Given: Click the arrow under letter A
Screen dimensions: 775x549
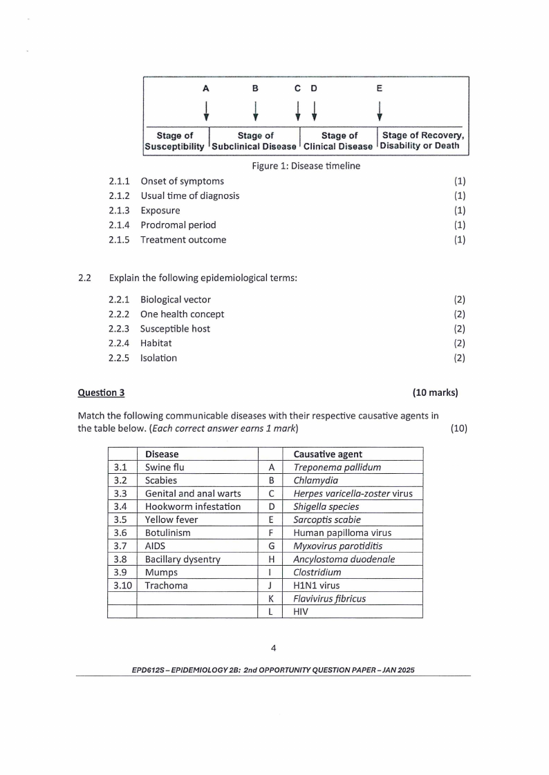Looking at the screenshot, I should tap(205, 110).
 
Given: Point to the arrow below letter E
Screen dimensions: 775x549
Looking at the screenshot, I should tap(380, 110).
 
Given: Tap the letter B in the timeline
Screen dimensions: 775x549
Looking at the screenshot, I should tap(255, 88).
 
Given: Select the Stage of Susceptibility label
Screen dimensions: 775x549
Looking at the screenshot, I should tap(174, 141).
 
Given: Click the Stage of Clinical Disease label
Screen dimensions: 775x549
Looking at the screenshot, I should tap(339, 141).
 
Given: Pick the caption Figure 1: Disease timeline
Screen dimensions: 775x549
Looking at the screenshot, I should tap(306, 166).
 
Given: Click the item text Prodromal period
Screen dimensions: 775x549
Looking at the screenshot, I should tap(178, 225).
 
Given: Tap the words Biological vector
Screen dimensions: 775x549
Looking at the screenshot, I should tap(176, 300).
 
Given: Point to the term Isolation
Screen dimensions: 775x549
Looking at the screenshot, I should tap(158, 358).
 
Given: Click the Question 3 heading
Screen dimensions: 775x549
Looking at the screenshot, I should tap(101, 393).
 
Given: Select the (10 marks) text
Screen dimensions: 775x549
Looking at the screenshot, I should tap(435, 393).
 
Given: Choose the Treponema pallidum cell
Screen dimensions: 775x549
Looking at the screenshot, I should tap(337, 467).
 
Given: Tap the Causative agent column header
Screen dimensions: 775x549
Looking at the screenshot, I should tap(328, 454).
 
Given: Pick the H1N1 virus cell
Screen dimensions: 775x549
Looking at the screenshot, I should tap(316, 586).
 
